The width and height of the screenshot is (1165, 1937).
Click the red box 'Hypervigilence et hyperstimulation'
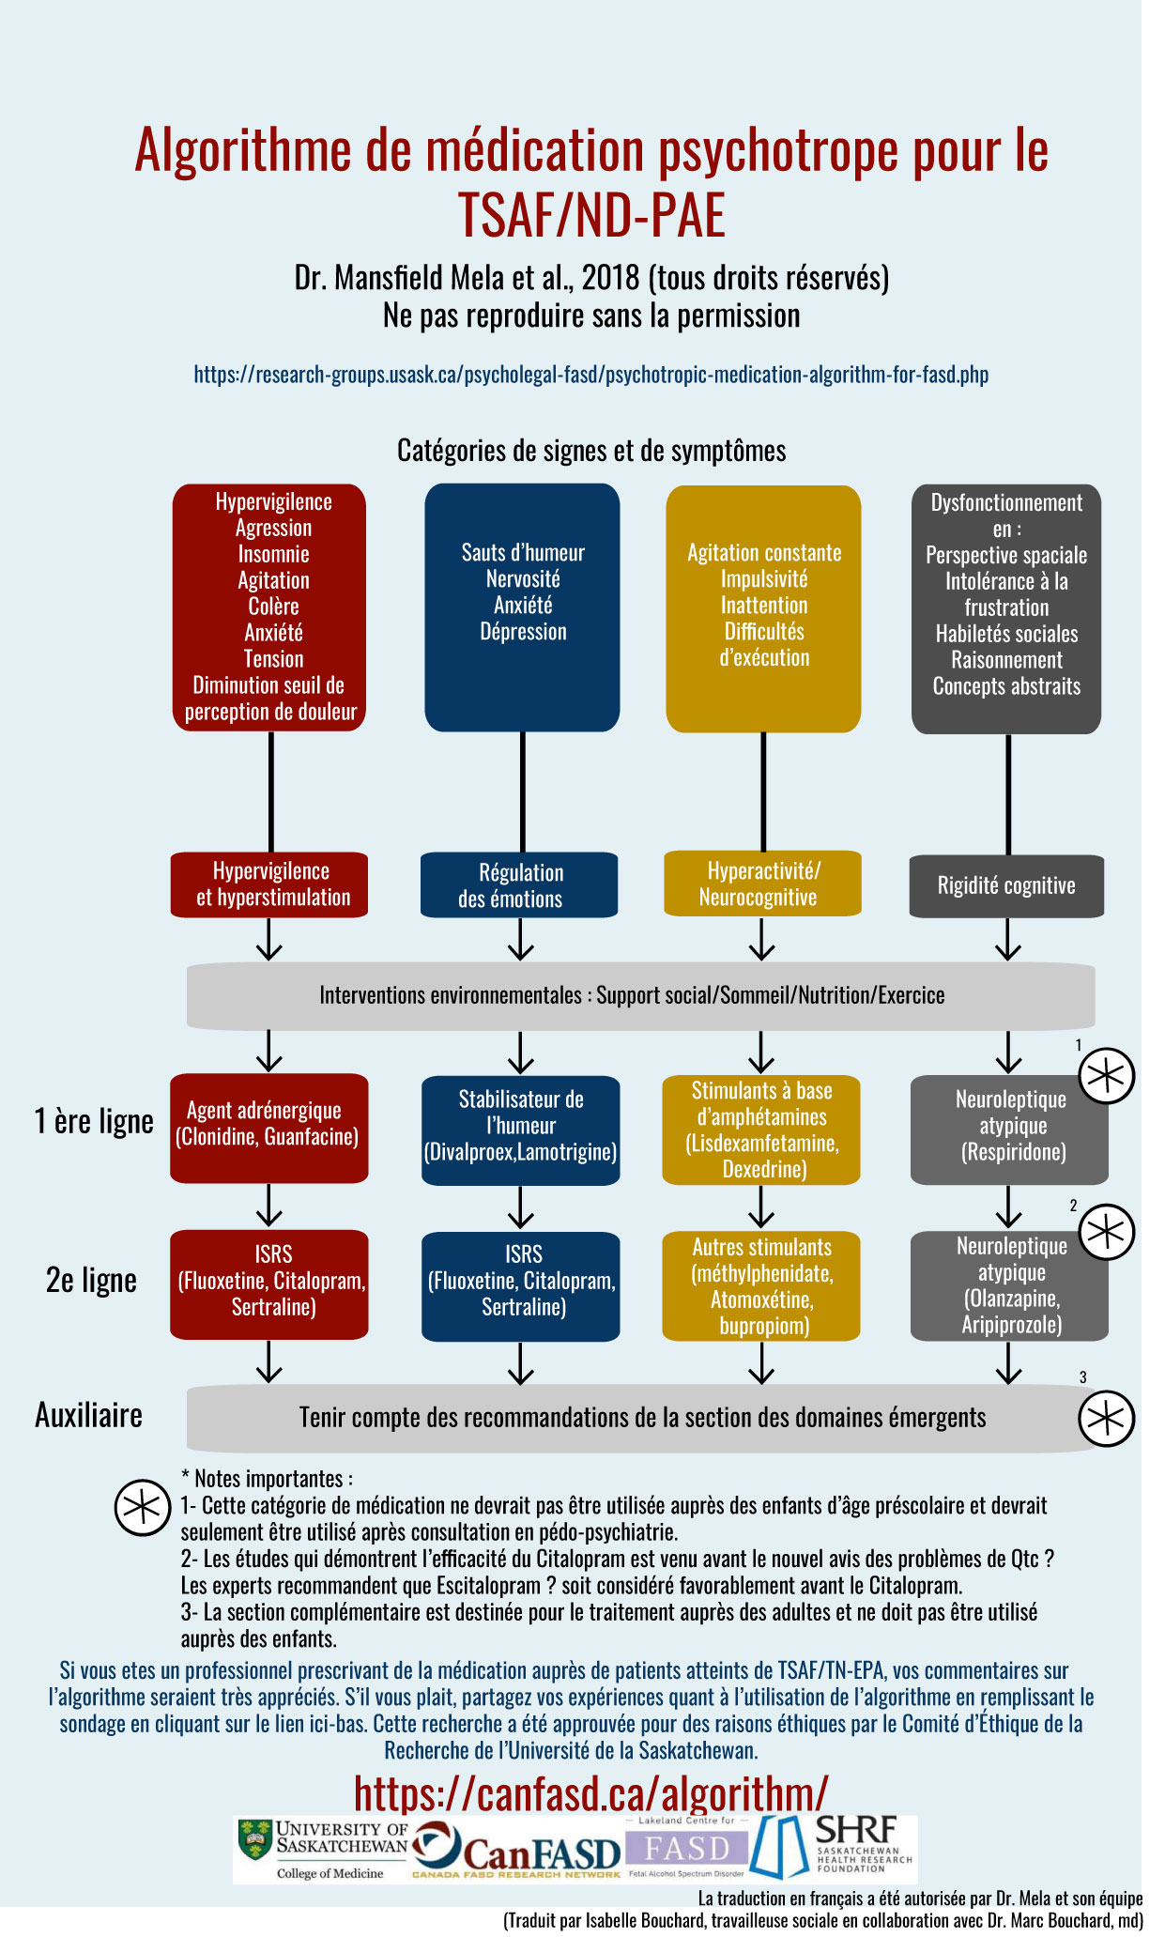tap(269, 884)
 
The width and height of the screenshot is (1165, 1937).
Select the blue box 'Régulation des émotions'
tap(519, 885)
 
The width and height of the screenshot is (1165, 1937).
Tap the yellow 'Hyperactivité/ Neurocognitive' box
tap(762, 884)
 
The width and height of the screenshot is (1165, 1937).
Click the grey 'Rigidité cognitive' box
tap(1006, 885)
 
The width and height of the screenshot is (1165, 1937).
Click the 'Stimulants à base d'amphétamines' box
tap(761, 1130)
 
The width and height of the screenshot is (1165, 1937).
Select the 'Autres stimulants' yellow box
tap(761, 1285)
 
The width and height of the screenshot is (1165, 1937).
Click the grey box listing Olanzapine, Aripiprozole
tap(1009, 1285)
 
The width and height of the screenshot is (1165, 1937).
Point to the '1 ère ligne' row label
tap(94, 1121)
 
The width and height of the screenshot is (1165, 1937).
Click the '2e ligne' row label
tap(91, 1280)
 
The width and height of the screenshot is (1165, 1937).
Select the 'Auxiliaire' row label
tap(88, 1415)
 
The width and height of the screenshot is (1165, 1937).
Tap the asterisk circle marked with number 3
tap(1106, 1418)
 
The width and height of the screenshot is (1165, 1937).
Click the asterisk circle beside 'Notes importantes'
tap(142, 1508)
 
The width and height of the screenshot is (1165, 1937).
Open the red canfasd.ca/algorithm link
tap(590, 1792)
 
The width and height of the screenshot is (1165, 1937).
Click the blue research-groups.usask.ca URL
tap(590, 375)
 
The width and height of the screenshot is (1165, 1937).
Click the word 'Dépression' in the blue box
tap(523, 632)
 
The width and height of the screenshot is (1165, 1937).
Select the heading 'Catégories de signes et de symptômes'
tap(591, 451)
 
